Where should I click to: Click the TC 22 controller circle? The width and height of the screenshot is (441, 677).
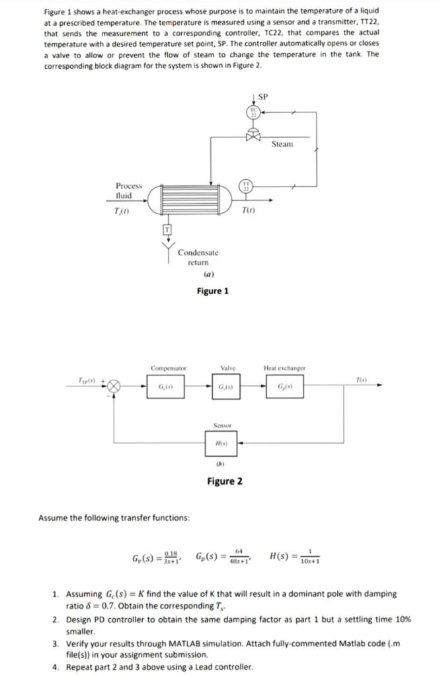pyautogui.click(x=253, y=112)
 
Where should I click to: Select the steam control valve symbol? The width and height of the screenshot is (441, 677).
pyautogui.click(x=252, y=138)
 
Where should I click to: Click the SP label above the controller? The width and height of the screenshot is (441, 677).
pyautogui.click(x=262, y=97)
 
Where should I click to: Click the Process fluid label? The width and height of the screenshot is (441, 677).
pyautogui.click(x=128, y=191)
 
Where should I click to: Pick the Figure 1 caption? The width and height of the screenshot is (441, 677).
pyautogui.click(x=212, y=291)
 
